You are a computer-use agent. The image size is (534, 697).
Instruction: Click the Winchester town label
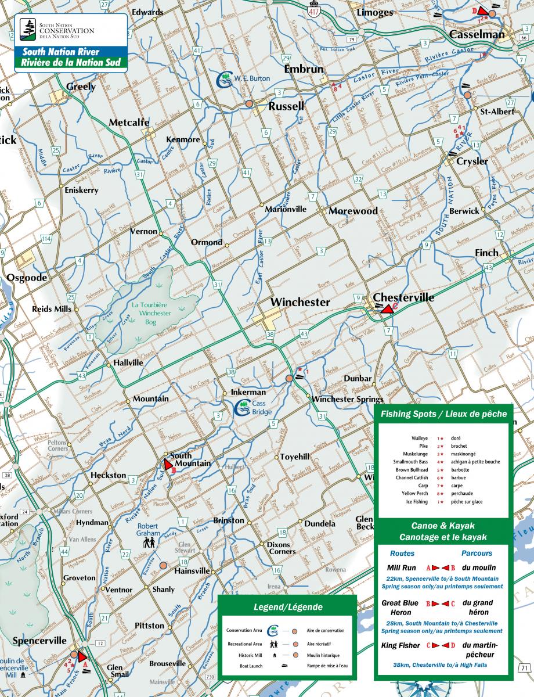pyautogui.click(x=300, y=303)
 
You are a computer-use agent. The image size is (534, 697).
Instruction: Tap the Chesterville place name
pyautogui.click(x=403, y=297)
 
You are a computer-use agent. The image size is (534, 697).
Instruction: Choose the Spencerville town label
pyautogui.click(x=39, y=641)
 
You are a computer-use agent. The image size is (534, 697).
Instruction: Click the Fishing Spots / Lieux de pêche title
pyautogui.click(x=443, y=414)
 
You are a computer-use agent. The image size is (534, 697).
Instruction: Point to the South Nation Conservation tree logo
pyautogui.click(x=27, y=28)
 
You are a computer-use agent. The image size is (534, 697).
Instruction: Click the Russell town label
pyautogui.click(x=286, y=106)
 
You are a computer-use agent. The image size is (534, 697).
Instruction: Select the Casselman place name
pyautogui.click(x=477, y=34)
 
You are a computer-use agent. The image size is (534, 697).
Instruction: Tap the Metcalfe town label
pyautogui.click(x=129, y=123)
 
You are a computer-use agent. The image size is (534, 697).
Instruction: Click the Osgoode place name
pyautogui.click(x=27, y=278)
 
